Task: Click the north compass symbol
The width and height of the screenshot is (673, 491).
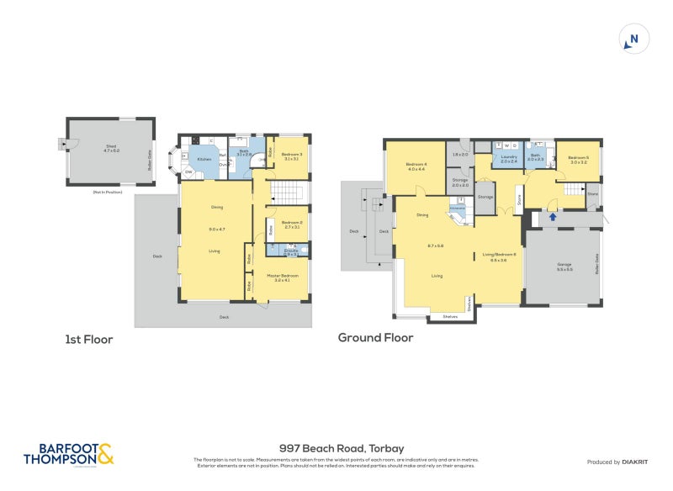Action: pos(634,39)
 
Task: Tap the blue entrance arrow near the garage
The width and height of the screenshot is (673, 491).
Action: pos(553,217)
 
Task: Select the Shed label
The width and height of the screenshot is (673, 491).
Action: pos(110,145)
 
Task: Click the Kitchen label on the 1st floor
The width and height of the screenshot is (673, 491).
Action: pos(204,158)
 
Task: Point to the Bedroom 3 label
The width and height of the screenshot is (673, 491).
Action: pos(292,154)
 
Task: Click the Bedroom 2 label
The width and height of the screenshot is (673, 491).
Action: pos(292,222)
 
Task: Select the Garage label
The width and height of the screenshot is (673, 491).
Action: pos(564,265)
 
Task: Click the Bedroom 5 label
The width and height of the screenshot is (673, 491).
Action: pos(578,157)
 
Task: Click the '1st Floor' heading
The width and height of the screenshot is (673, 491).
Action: pos(88,340)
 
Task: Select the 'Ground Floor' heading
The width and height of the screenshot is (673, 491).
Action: pos(375,338)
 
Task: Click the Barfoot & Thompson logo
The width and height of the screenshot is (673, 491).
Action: pos(67,455)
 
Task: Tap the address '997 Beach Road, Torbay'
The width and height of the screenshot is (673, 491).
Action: pos(336,449)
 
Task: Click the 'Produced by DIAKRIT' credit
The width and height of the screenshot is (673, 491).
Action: pos(622,462)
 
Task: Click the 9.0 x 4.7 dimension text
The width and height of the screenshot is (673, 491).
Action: pos(217,229)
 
